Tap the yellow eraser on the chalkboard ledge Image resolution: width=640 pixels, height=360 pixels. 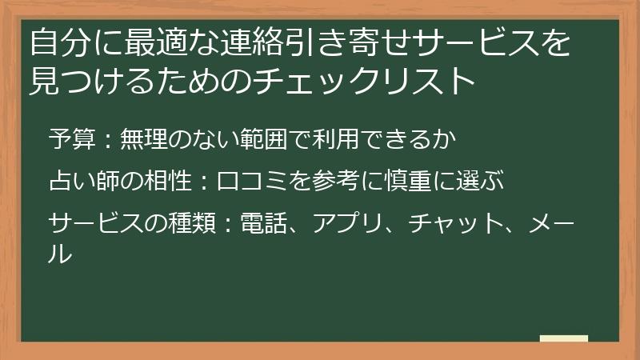point(563,338)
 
